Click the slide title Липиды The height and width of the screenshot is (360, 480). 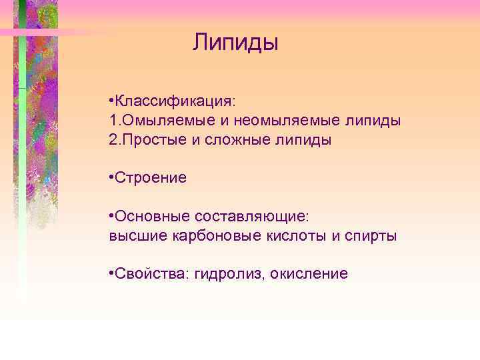coord(235,43)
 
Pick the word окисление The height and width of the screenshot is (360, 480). coord(310,273)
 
